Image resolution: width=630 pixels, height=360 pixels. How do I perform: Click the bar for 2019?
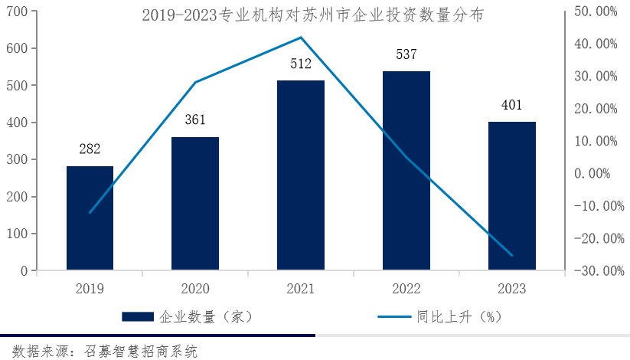click(x=90, y=218)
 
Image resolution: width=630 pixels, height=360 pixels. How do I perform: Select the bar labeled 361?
click(x=195, y=204)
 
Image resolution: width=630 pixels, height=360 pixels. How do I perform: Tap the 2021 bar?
click(x=301, y=175)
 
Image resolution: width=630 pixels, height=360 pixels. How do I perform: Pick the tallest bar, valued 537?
click(x=406, y=171)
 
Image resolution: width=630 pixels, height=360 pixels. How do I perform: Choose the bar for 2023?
click(x=512, y=196)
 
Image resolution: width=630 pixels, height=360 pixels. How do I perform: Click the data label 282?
click(x=90, y=149)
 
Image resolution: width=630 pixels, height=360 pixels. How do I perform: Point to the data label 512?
click(x=301, y=64)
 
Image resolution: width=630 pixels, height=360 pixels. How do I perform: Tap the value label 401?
click(x=512, y=105)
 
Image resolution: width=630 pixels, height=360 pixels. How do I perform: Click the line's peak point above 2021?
click(x=301, y=38)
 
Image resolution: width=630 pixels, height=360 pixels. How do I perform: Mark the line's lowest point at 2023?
click(x=512, y=255)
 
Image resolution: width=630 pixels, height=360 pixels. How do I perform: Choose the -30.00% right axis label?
click(x=595, y=270)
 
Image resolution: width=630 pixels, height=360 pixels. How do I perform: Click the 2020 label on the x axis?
click(x=195, y=289)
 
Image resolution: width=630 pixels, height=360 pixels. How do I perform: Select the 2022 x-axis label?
click(x=406, y=289)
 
